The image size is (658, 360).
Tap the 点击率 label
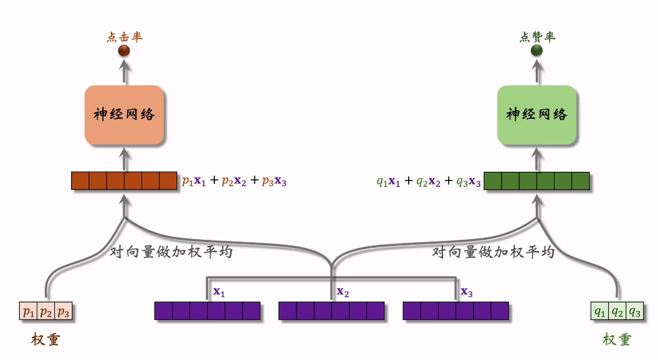[x=124, y=37]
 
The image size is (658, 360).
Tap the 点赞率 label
[x=536, y=37]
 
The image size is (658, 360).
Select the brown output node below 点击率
[x=124, y=50]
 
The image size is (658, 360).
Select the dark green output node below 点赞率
[x=536, y=50]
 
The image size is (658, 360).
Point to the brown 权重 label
[x=45, y=339]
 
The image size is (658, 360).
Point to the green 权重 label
[x=617, y=339]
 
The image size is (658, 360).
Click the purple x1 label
[x=219, y=291]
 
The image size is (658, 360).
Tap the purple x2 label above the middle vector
[x=343, y=291]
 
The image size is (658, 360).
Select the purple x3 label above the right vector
[x=467, y=291]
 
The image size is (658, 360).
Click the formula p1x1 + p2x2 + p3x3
[x=234, y=181]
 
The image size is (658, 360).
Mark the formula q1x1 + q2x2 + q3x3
[x=429, y=181]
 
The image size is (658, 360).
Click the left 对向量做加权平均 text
[x=171, y=252]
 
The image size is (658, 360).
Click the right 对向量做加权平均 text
[x=493, y=252]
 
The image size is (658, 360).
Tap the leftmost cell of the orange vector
[x=80, y=181]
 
